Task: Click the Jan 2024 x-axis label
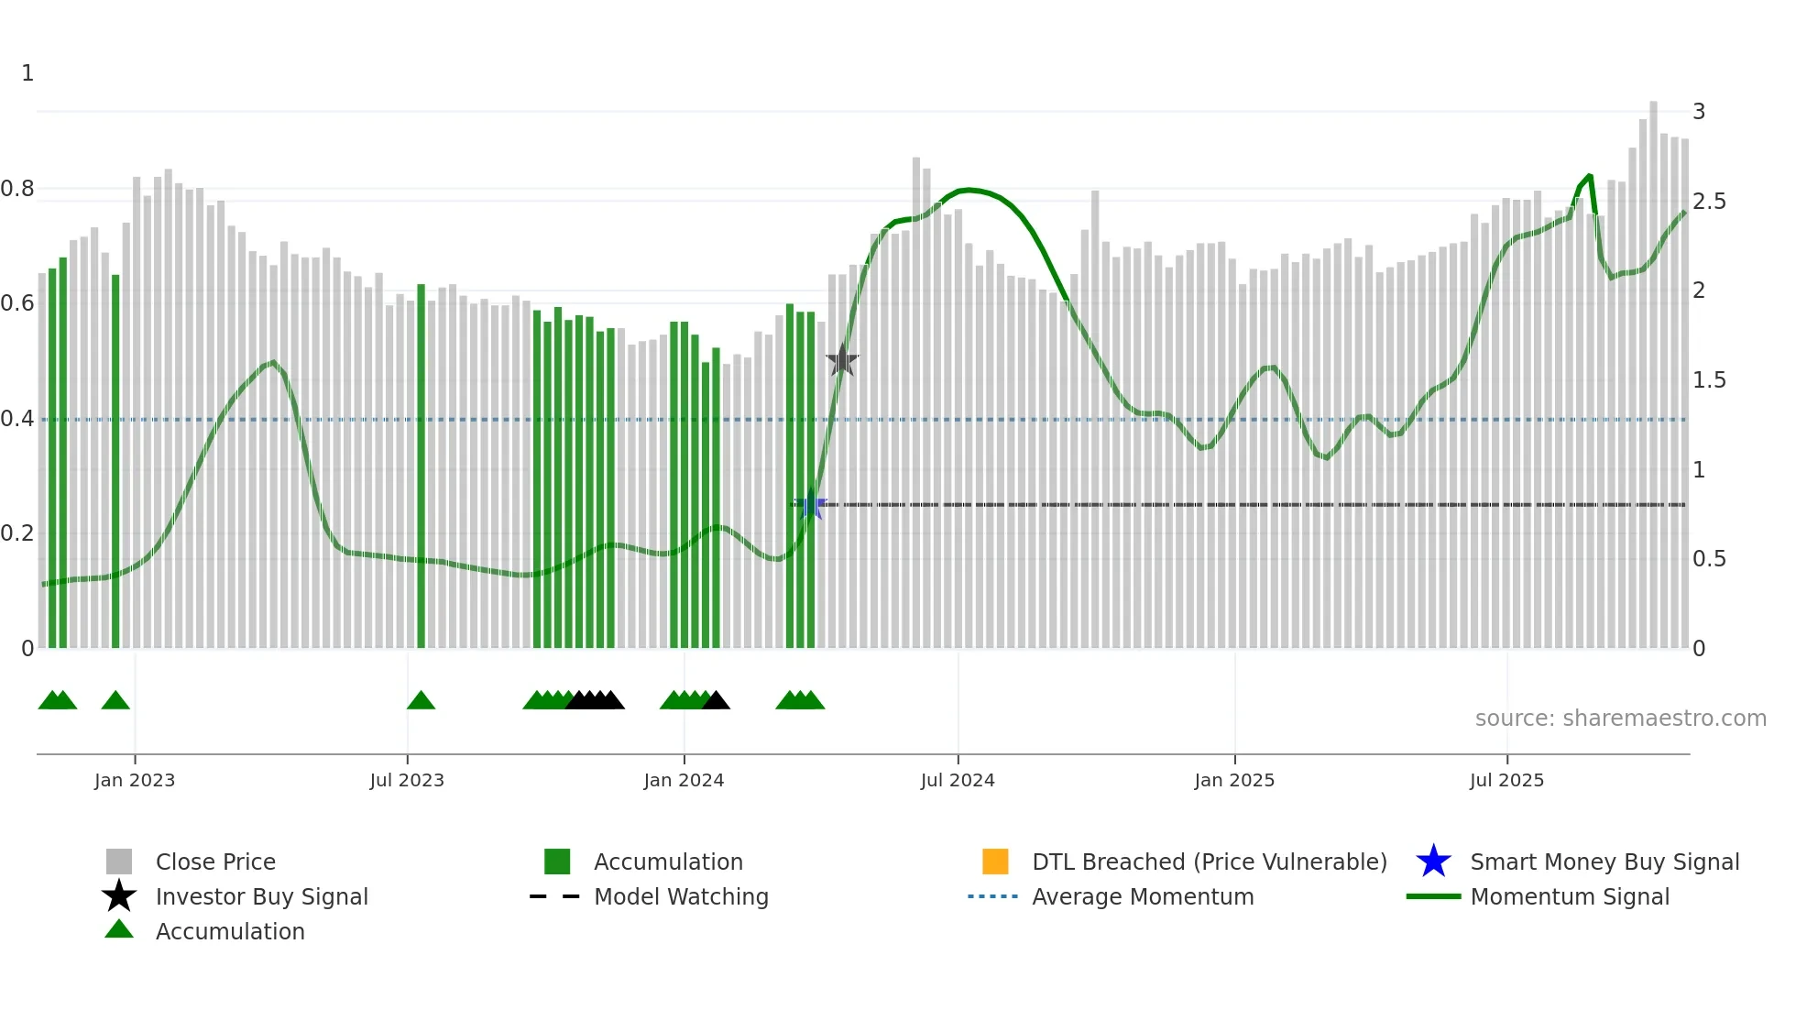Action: point(684,780)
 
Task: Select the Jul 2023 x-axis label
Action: point(407,780)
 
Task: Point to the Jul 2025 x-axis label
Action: point(1506,780)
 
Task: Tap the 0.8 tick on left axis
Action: point(17,189)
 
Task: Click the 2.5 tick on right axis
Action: point(1709,202)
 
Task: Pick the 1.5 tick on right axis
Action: point(1709,380)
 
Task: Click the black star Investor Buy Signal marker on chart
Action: point(842,361)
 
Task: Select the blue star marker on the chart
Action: point(810,505)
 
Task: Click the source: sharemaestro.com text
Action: point(1620,718)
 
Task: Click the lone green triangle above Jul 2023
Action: point(421,701)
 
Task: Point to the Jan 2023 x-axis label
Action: point(134,780)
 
